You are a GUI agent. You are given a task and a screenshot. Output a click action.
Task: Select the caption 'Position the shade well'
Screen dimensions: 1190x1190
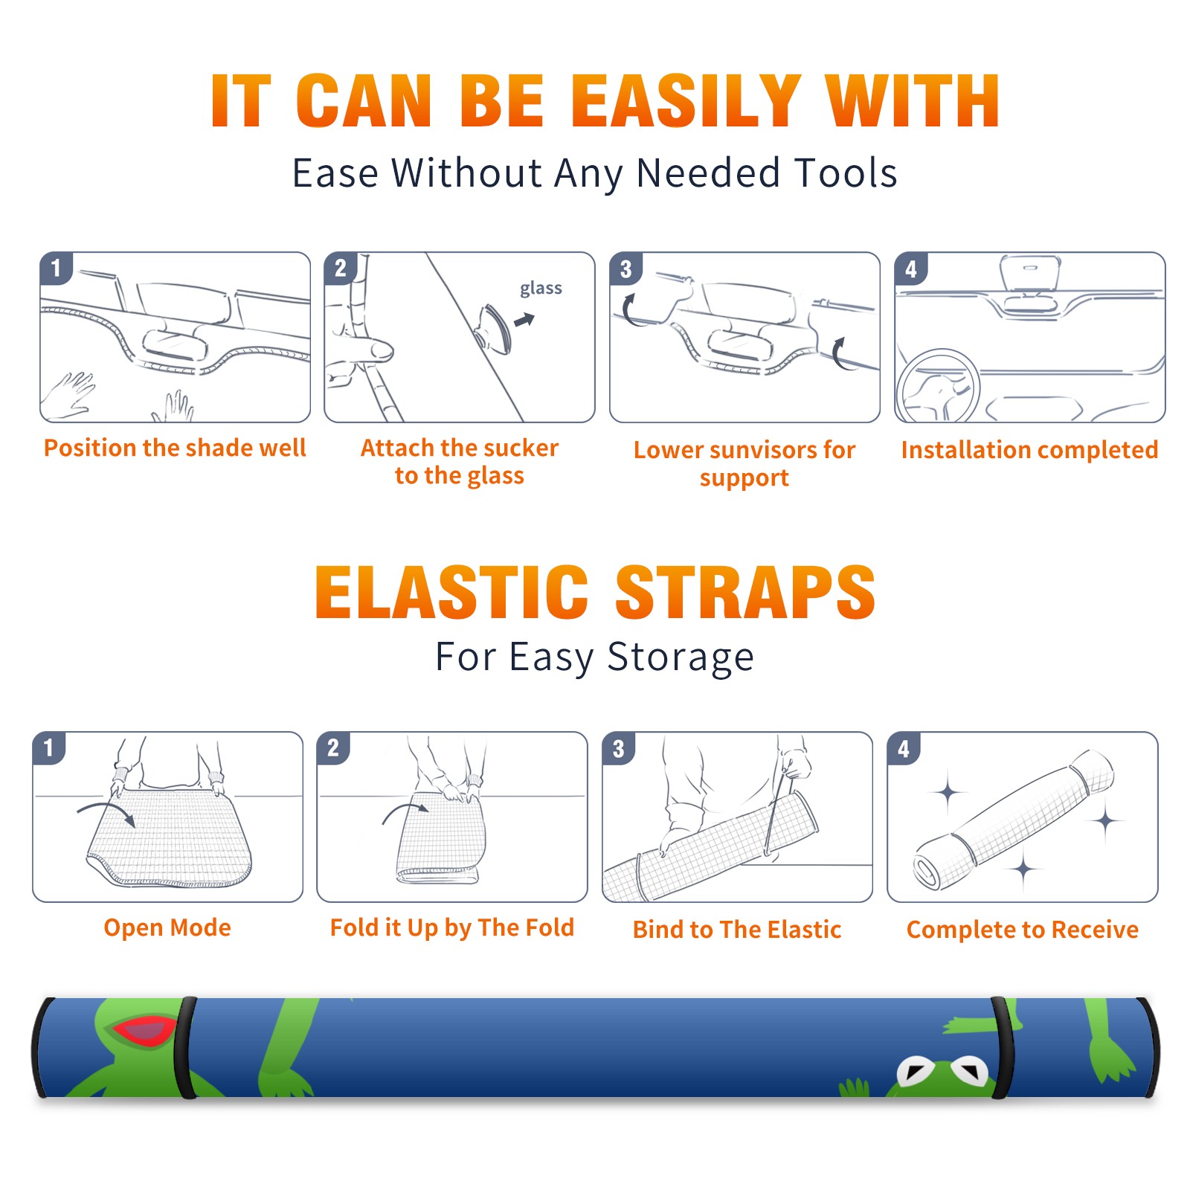tap(175, 448)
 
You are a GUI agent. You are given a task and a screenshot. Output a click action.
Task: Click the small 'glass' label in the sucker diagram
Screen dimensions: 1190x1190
tap(541, 289)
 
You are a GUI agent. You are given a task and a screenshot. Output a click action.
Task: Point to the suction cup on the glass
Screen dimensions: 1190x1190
tap(493, 327)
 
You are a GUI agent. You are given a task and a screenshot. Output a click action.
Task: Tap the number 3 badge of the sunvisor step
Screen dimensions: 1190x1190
tap(625, 268)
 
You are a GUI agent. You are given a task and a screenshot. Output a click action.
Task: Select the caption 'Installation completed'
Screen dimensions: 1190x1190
tap(1029, 450)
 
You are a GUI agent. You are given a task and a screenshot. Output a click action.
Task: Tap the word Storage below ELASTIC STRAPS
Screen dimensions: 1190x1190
tap(681, 657)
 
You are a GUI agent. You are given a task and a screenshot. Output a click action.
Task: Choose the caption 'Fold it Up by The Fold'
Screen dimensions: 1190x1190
tap(452, 928)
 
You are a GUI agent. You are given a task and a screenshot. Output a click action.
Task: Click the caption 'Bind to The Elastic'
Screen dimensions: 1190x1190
tap(737, 930)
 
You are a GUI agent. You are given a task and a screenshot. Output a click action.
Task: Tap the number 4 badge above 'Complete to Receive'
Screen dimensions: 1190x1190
tap(904, 748)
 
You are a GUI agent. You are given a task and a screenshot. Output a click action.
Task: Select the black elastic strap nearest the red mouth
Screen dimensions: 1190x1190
tap(187, 1047)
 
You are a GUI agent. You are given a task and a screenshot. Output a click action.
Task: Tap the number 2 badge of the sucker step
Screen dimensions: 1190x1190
tap(341, 268)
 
